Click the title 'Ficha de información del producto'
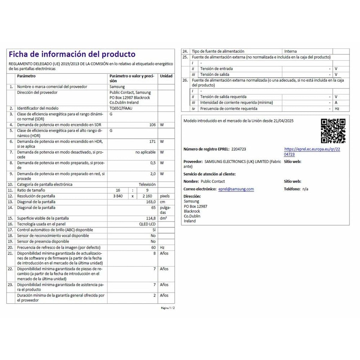point(72,54)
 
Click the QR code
point(333,131)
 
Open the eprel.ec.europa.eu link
point(312,152)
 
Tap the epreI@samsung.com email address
point(236,189)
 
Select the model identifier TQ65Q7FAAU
point(121,108)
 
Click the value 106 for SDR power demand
point(152,125)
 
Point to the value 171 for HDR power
point(152,141)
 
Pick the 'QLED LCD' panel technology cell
point(147,224)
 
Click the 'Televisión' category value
point(147,184)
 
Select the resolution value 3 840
point(118,196)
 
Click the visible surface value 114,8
point(151,218)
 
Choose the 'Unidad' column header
point(166,76)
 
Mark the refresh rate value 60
point(153,247)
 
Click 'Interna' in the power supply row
point(290,51)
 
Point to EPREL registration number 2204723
point(239,149)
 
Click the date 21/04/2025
point(283,121)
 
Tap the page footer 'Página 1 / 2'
point(168,308)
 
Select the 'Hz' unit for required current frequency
point(337,109)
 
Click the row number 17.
point(10,230)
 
